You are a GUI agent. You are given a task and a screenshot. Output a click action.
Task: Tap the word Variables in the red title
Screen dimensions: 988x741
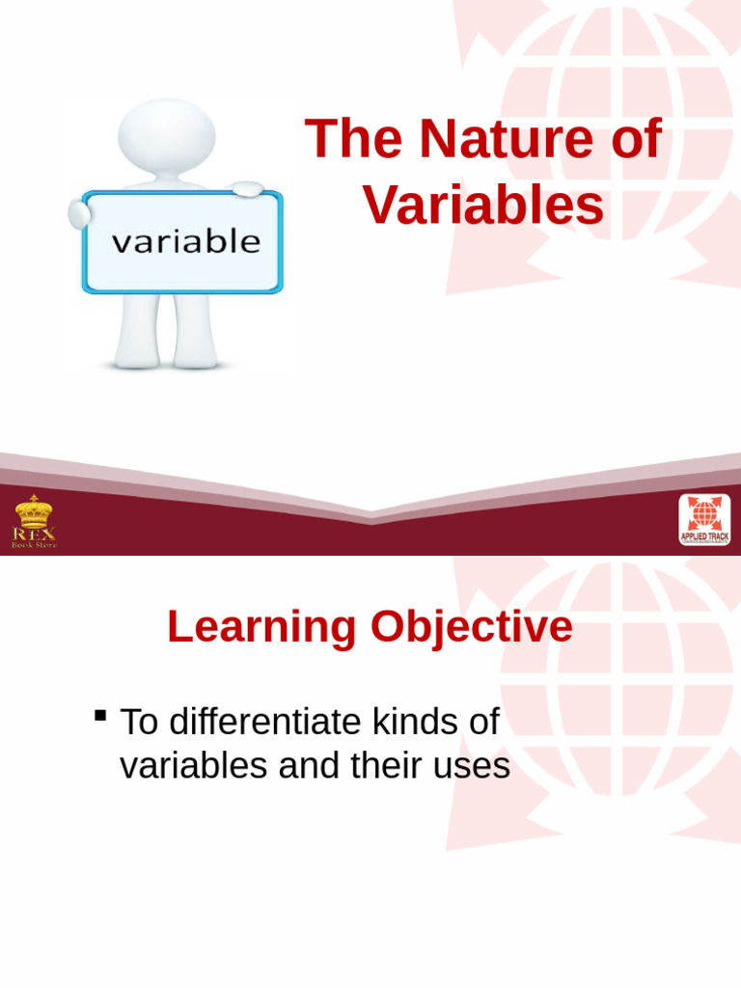coord(483,206)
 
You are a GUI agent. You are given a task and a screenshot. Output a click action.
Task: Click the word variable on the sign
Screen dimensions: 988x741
coord(186,241)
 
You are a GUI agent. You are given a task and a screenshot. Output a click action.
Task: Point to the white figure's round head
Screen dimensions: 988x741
coord(167,136)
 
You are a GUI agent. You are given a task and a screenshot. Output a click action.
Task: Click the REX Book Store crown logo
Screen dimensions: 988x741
coord(34,520)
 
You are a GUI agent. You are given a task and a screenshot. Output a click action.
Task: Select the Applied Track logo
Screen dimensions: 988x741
coord(704,519)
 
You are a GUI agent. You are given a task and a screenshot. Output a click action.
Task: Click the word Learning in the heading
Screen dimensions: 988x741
coord(261,627)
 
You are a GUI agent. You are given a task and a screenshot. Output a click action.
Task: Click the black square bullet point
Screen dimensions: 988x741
coord(100,715)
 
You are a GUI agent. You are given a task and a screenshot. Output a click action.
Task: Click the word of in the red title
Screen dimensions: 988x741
coord(636,139)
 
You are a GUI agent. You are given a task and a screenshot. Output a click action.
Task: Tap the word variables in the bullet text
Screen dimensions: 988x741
coord(193,766)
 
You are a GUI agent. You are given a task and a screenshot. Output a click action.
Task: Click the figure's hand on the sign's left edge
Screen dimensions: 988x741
coord(78,213)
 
